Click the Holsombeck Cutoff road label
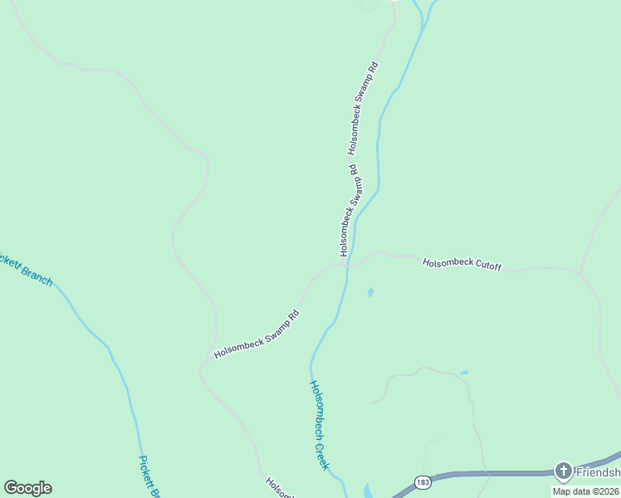point(462,264)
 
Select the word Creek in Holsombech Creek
point(323,453)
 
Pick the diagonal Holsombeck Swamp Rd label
point(256,334)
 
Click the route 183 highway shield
point(423,482)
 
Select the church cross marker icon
point(564,472)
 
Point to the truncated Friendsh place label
point(599,472)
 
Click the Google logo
point(27,488)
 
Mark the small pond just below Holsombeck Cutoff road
point(369,292)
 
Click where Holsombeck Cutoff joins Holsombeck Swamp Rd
point(346,266)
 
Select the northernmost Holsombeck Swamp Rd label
point(364,108)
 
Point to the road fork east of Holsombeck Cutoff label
point(580,271)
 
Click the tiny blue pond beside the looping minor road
point(463,373)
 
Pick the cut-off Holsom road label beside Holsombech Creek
point(279,488)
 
